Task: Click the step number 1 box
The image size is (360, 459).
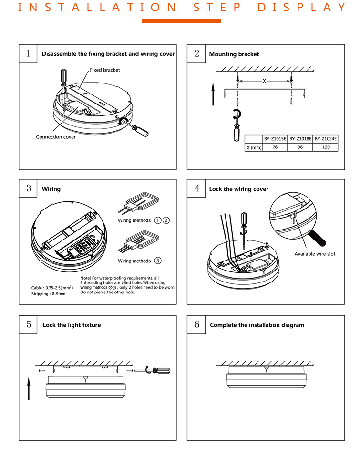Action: [28, 53]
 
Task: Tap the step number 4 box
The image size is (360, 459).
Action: [196, 188]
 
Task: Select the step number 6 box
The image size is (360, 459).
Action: [196, 324]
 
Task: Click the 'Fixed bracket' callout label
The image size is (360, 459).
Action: [105, 70]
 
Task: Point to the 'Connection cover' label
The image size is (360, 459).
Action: [56, 137]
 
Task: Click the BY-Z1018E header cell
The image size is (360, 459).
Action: [300, 139]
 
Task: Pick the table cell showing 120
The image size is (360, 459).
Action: [326, 147]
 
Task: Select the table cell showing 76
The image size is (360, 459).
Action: [275, 147]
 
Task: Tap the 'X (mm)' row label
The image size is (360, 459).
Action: [254, 147]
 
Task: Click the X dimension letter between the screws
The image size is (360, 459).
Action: [264, 81]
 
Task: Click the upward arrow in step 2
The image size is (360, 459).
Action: [213, 94]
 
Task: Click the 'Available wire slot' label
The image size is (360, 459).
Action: [315, 254]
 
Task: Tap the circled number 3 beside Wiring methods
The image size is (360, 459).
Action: [158, 261]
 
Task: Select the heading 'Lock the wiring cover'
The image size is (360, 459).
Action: [238, 189]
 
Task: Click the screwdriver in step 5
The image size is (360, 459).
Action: [158, 370]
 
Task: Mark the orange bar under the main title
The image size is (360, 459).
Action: [182, 21]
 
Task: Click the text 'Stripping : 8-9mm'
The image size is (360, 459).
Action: [49, 294]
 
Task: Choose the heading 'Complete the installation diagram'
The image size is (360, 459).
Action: [257, 325]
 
